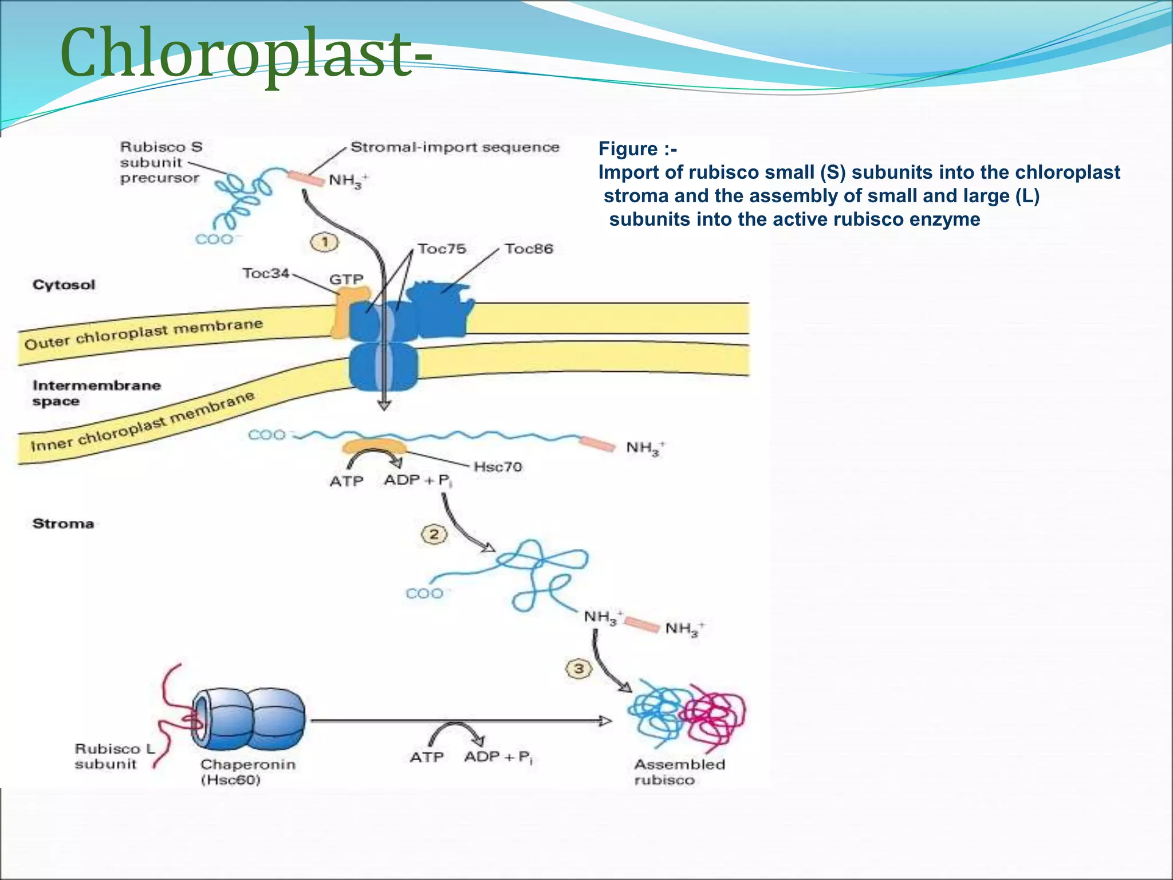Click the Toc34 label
coord(266,273)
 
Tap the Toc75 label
coord(442,249)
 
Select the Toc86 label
coord(529,249)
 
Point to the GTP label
coord(346,280)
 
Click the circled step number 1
coord(324,242)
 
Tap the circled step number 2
coord(434,535)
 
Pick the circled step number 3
coord(578,669)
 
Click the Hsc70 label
coord(498,467)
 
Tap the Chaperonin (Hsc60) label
coord(247,772)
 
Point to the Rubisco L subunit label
coord(115,756)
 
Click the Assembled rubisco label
coord(679,772)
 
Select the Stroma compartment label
coord(63,524)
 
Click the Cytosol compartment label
coord(64,285)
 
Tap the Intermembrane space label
coord(96,393)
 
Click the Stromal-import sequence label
coord(455,147)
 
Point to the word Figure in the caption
coord(628,149)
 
